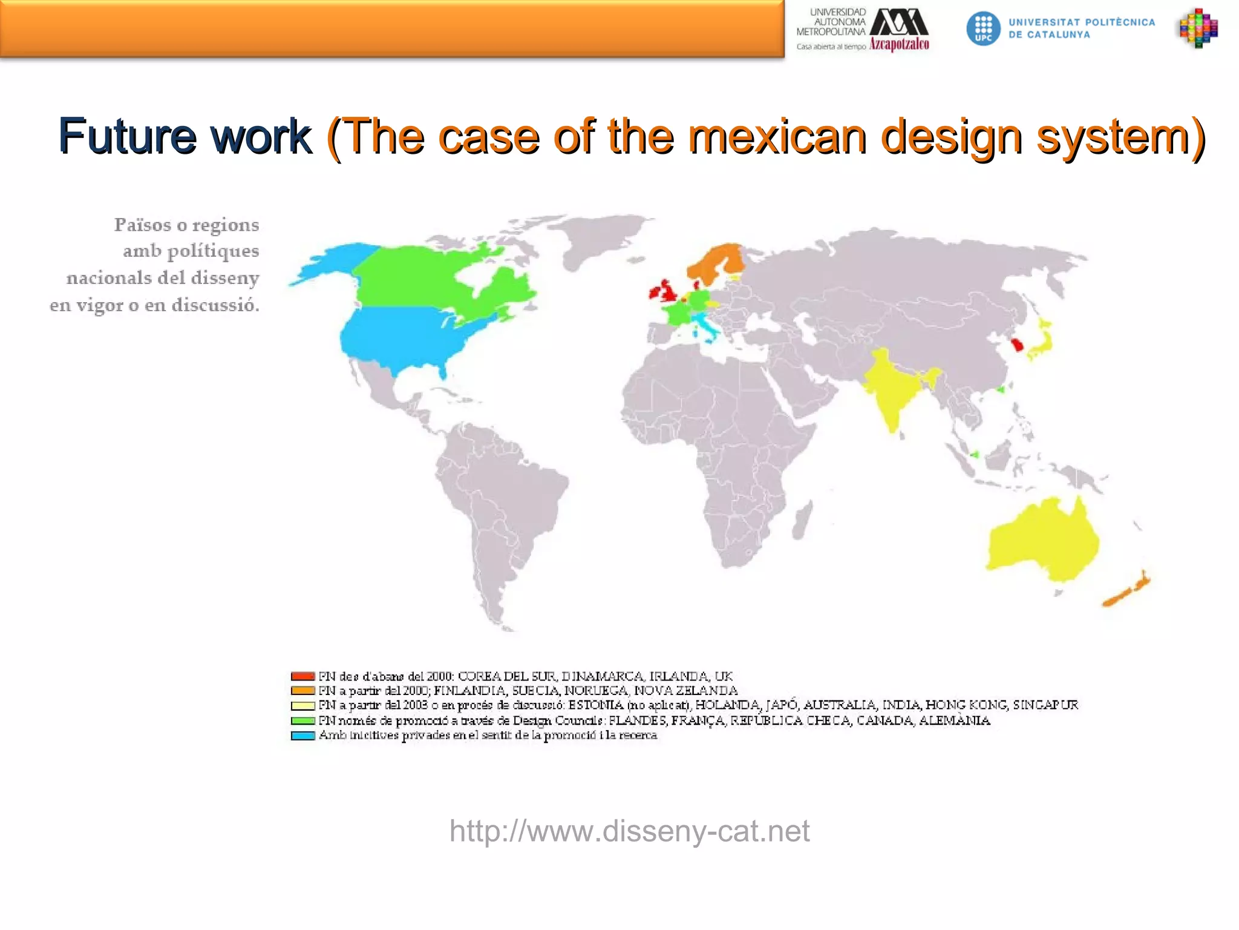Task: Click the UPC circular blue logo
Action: point(983,28)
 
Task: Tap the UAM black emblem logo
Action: point(899,22)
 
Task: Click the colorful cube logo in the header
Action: point(1198,28)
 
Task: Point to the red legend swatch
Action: point(302,676)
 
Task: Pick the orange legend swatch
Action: point(302,690)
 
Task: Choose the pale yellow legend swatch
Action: point(302,705)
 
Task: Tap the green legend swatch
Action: point(302,721)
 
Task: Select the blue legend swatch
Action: point(302,736)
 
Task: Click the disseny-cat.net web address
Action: point(629,831)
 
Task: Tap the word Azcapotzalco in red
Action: point(899,44)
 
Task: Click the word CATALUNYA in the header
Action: point(1061,35)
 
